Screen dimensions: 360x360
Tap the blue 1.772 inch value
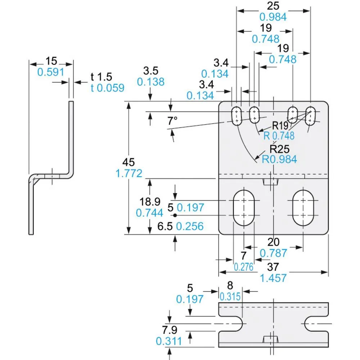point(129,174)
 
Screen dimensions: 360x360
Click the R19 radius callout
point(280,126)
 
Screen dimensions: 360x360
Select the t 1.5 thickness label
point(102,77)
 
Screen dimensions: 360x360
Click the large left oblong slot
point(244,208)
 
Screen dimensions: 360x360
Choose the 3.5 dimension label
point(150,70)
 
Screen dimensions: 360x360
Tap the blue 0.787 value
point(274,253)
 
